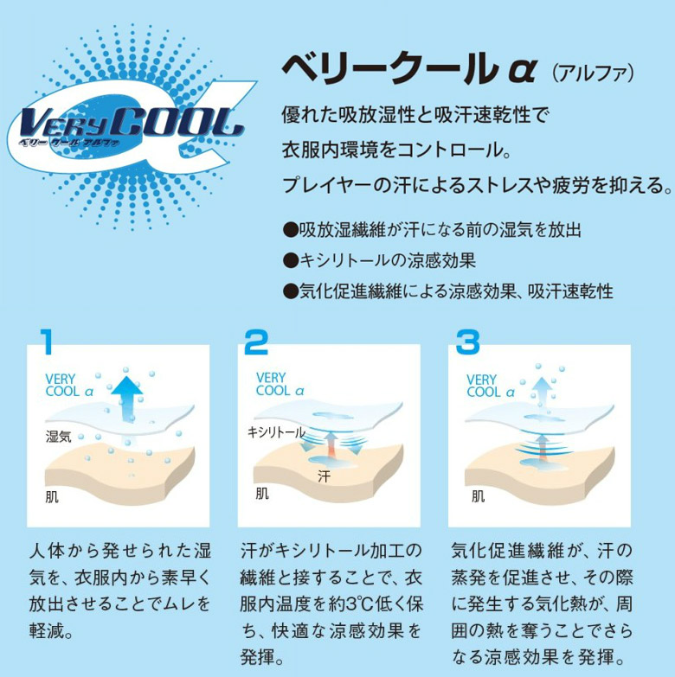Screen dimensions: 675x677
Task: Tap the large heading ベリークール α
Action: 409,69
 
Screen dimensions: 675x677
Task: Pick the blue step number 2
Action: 256,342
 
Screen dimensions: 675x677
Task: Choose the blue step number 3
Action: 467,342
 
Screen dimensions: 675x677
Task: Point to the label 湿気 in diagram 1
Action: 58,437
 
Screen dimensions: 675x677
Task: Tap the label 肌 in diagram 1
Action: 52,497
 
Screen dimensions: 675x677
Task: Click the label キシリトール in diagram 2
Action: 276,431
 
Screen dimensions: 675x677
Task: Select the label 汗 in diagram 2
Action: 325,476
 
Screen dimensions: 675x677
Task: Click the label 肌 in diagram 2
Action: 262,493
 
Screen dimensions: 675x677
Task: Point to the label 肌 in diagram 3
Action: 478,496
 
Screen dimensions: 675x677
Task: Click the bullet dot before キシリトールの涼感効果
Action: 291,260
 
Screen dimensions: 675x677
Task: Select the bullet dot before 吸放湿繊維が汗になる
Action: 291,229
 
